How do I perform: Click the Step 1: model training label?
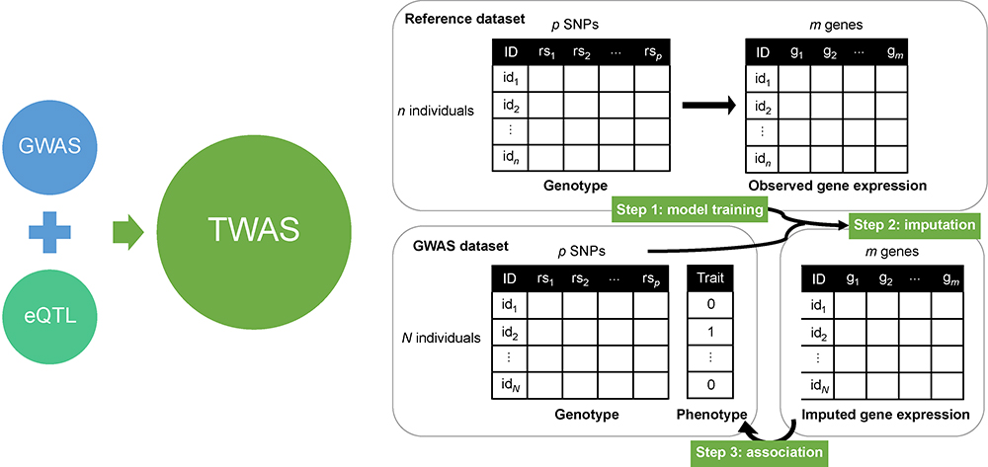pos(690,209)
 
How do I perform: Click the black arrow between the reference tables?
pos(708,106)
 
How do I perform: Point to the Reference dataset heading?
pos(465,18)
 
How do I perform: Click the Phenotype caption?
pos(712,414)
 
